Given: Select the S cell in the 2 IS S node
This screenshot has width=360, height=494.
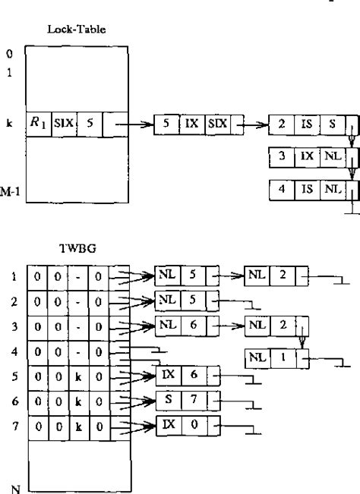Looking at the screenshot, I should tap(331, 125).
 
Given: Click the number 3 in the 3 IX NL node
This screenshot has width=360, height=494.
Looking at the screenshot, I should tap(282, 158).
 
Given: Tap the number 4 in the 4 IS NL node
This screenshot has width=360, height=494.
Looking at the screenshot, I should tap(282, 190).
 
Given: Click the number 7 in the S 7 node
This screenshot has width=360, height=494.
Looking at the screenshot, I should tap(193, 398).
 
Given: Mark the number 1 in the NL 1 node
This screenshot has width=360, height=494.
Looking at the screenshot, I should tap(281, 355).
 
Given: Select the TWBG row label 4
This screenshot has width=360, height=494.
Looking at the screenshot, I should tap(14, 351).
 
